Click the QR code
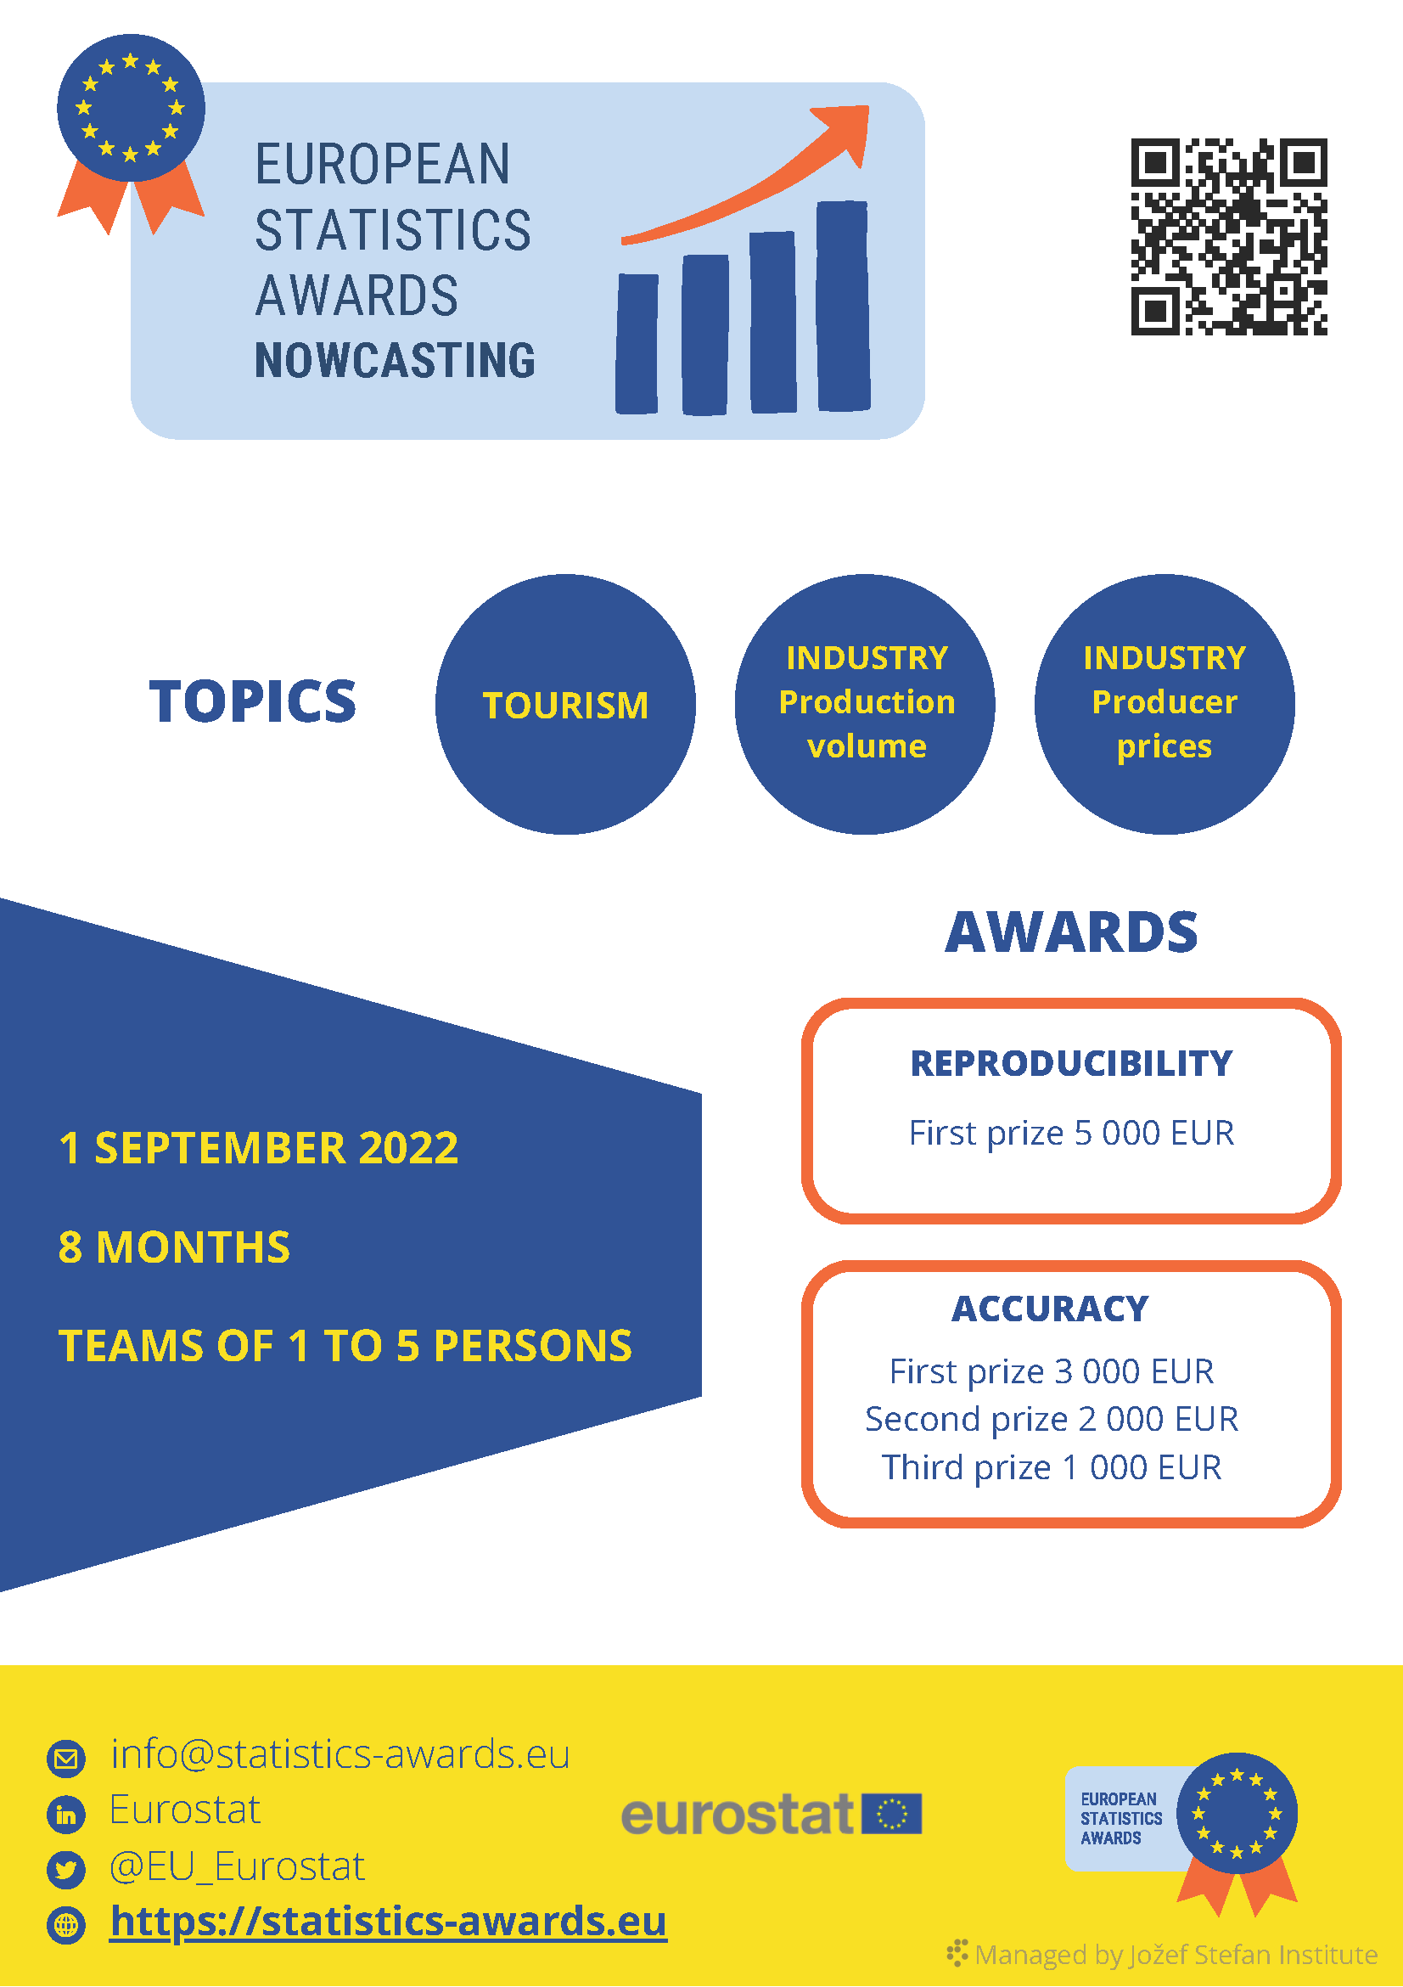pyautogui.click(x=1229, y=236)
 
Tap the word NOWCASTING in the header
pyautogui.click(x=396, y=360)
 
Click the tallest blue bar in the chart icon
pyautogui.click(x=844, y=306)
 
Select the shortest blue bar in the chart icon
pyautogui.click(x=637, y=344)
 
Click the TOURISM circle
pyautogui.click(x=565, y=705)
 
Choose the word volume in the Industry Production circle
pyautogui.click(x=867, y=746)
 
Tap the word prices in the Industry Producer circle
pyautogui.click(x=1164, y=747)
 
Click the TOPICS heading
pyautogui.click(x=253, y=701)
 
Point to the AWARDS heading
pyautogui.click(x=1072, y=932)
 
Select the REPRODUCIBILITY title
pyautogui.click(x=1072, y=1064)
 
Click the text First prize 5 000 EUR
pyautogui.click(x=1072, y=1133)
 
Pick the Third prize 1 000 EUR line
pyautogui.click(x=1052, y=1468)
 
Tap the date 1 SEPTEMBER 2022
pyautogui.click(x=259, y=1148)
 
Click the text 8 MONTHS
pyautogui.click(x=175, y=1247)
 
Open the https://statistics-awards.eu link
pyautogui.click(x=389, y=1922)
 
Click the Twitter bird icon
pyautogui.click(x=66, y=1869)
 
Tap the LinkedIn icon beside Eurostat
pyautogui.click(x=66, y=1814)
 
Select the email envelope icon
pyautogui.click(x=66, y=1759)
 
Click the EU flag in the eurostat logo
pyautogui.click(x=892, y=1814)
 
